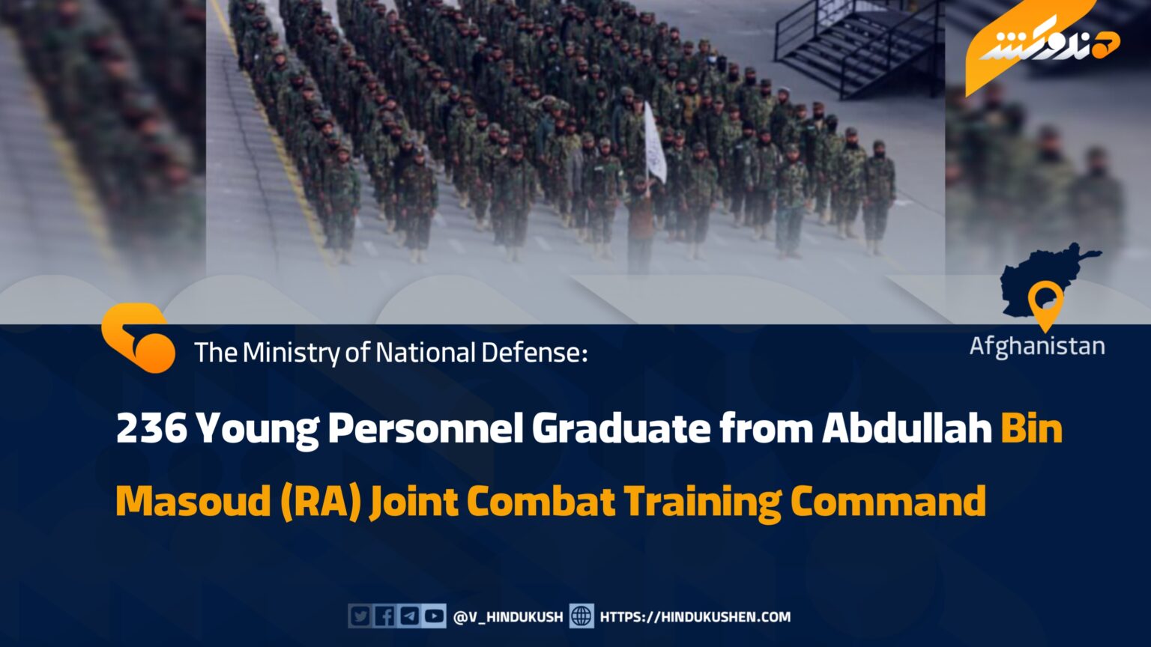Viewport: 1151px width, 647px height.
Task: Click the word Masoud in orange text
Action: tap(193, 501)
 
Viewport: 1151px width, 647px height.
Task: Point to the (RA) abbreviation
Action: tap(320, 502)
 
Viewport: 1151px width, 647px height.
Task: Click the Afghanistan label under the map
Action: tap(1037, 346)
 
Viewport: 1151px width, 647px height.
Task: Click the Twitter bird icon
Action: tap(360, 616)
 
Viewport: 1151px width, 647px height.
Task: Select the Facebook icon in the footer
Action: tap(384, 616)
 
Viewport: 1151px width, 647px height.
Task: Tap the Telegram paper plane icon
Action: tap(410, 616)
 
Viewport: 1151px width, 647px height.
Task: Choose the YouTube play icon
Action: tap(435, 616)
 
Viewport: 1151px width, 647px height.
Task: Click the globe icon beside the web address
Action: tap(581, 616)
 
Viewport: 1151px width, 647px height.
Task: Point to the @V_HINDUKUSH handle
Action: tap(507, 617)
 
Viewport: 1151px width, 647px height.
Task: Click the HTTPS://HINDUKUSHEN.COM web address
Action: tap(695, 617)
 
